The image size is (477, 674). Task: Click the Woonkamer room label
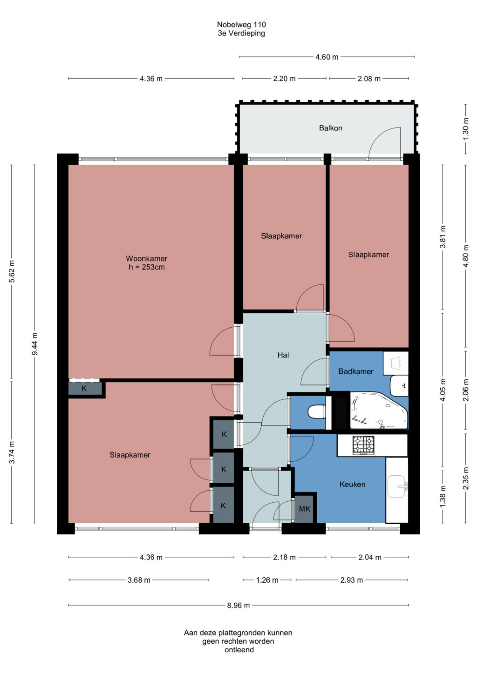click(146, 258)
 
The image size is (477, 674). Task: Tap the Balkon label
click(331, 128)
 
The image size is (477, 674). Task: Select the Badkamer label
click(355, 371)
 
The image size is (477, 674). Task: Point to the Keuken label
click(352, 484)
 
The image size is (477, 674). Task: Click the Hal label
click(283, 355)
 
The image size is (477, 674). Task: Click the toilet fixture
click(316, 411)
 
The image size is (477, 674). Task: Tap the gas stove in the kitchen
click(363, 445)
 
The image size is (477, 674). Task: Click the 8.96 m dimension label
click(238, 605)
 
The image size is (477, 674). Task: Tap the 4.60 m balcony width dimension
click(327, 57)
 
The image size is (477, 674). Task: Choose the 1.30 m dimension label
click(466, 128)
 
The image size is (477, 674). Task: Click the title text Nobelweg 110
click(241, 24)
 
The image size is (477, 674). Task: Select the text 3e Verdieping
click(241, 33)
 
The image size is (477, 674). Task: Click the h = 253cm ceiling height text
click(147, 267)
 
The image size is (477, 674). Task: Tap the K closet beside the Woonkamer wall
click(84, 389)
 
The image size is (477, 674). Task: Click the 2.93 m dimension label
click(351, 580)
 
